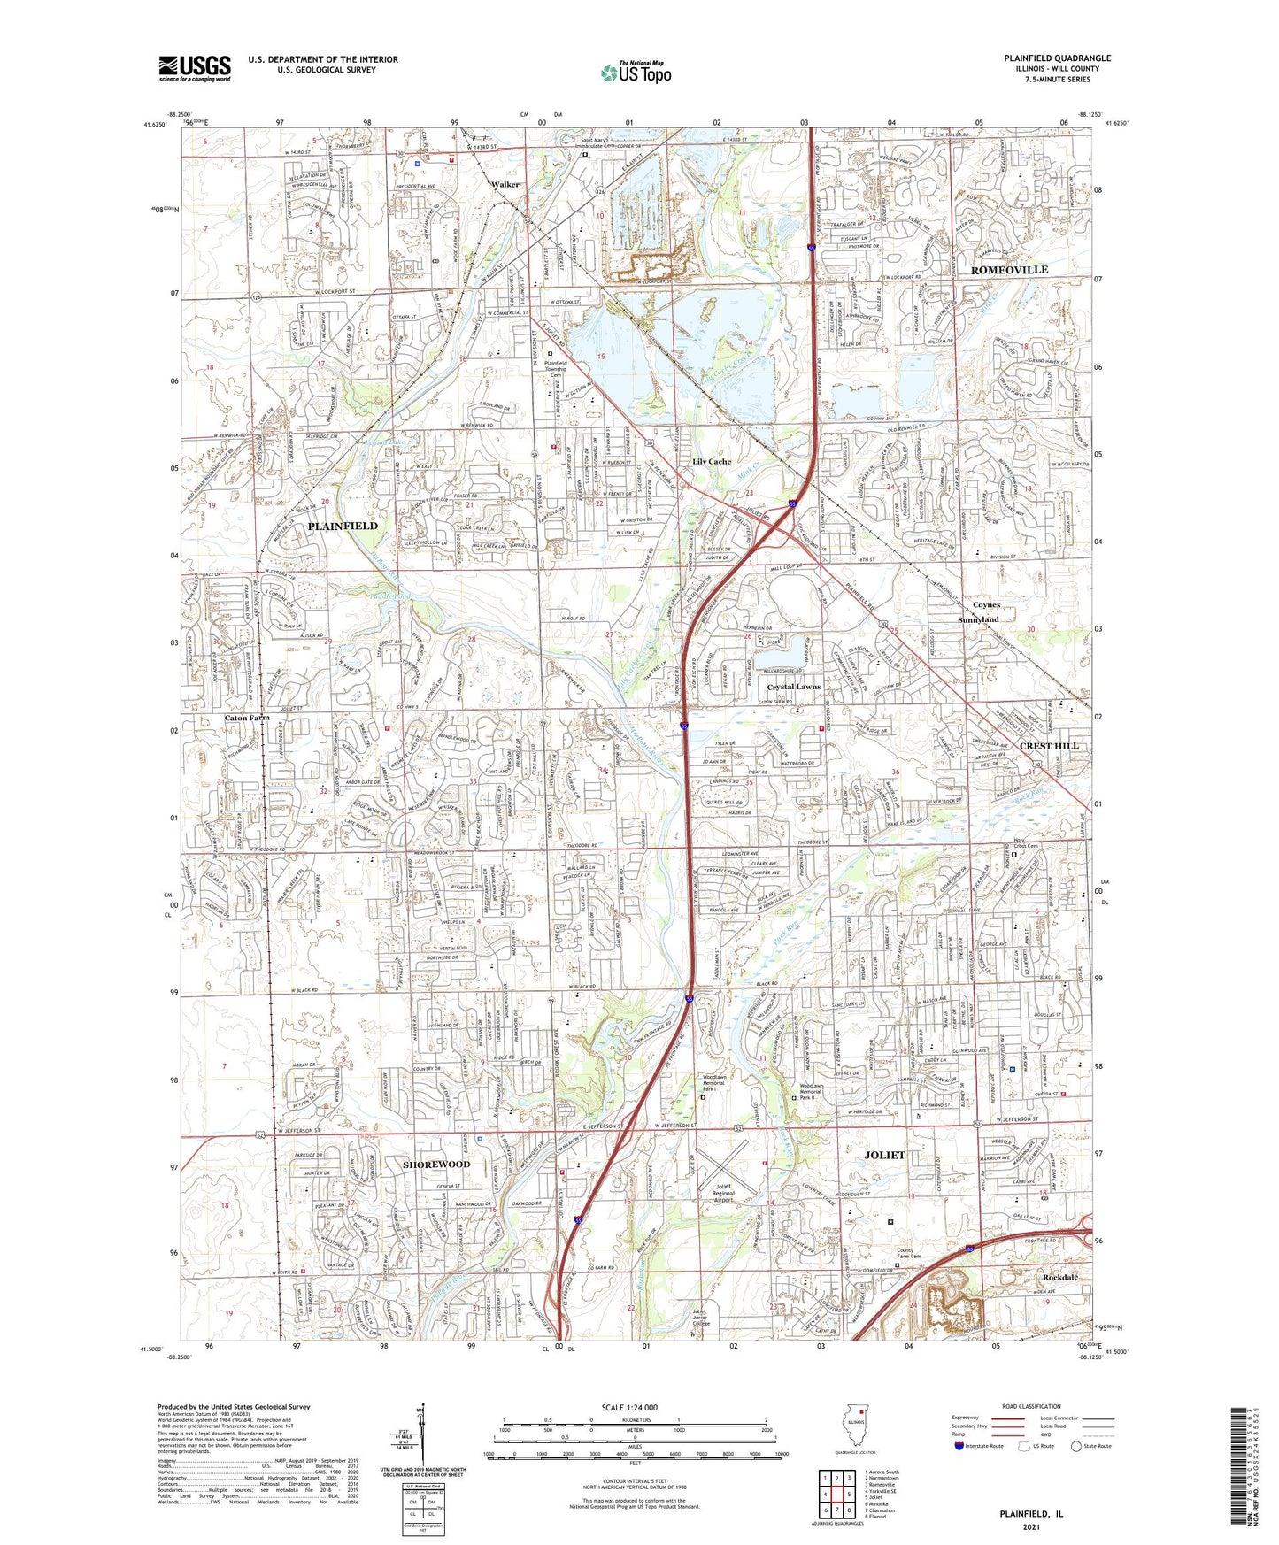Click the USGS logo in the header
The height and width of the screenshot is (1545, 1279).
(x=195, y=67)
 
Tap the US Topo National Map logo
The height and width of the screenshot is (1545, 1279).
(x=635, y=73)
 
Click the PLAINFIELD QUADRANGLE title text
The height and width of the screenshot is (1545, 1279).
(x=1057, y=58)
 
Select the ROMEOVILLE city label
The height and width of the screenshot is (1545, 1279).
(x=1009, y=269)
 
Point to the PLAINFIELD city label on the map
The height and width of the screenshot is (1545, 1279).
(x=343, y=526)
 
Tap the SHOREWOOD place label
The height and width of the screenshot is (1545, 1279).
(x=436, y=1165)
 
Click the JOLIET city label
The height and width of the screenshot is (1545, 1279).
(x=884, y=1155)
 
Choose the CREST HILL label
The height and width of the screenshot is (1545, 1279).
(x=1049, y=746)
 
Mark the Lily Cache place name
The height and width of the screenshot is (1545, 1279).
(x=712, y=462)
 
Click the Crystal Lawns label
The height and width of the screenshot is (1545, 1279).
(x=794, y=687)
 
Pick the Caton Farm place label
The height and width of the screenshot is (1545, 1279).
(x=247, y=718)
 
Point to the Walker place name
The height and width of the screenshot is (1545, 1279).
(x=505, y=185)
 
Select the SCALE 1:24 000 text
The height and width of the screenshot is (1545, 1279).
(x=629, y=1408)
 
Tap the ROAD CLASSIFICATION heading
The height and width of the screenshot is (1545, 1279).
(x=1030, y=1406)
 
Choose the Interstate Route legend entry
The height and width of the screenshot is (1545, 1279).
(x=978, y=1446)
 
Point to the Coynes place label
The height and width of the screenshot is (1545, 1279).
(x=986, y=605)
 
